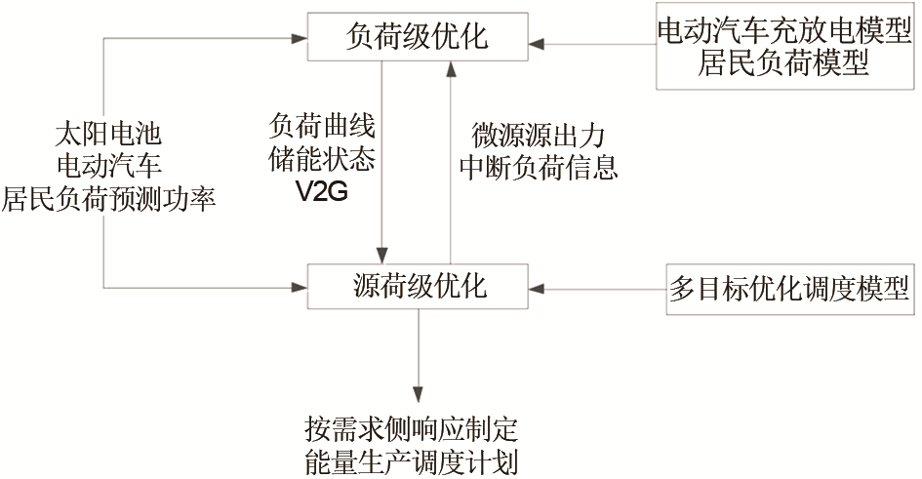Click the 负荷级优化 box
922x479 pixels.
pyautogui.click(x=418, y=38)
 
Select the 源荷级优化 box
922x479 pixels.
pyautogui.click(x=418, y=288)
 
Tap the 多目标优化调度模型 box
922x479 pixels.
pyautogui.click(x=790, y=289)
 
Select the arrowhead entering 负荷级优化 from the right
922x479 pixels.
pyautogui.click(x=538, y=44)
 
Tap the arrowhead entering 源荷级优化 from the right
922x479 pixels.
pyautogui.click(x=538, y=289)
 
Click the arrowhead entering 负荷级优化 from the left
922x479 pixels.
pyautogui.click(x=300, y=38)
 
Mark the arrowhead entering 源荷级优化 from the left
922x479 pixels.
pyautogui.click(x=300, y=288)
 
